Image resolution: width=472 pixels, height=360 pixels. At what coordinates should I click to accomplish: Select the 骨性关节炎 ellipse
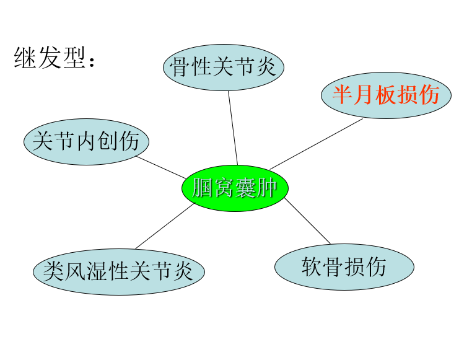pos(224,66)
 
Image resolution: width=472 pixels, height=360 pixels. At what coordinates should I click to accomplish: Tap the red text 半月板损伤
pos(386,95)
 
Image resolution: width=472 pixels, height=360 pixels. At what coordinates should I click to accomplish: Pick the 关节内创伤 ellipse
pos(86,141)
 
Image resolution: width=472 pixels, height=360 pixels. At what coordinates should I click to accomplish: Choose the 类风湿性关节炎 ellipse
pos(118,271)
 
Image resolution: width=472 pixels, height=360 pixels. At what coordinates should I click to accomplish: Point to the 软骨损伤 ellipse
pos(344,267)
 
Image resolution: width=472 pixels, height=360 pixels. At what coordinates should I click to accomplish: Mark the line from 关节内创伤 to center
pos(160,166)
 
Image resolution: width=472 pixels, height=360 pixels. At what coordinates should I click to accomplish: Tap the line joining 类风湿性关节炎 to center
pos(165,227)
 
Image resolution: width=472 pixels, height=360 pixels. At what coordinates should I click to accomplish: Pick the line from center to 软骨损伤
pos(308,222)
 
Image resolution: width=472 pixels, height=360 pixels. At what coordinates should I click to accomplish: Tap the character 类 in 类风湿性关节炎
pos(54,271)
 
